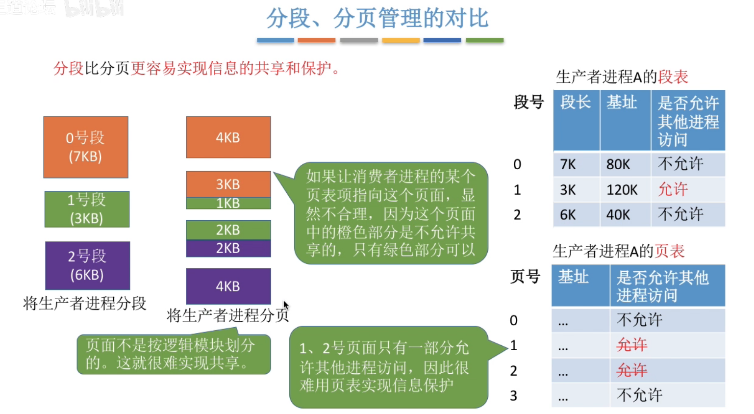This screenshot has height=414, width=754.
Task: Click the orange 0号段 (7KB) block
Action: [x=86, y=147]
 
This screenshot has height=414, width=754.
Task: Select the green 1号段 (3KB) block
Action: [x=87, y=209]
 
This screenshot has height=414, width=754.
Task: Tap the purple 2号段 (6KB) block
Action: [x=88, y=265]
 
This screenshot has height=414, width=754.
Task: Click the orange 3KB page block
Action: [x=228, y=184]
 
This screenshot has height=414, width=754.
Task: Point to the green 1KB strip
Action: [x=228, y=203]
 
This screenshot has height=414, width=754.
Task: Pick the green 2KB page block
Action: [x=228, y=230]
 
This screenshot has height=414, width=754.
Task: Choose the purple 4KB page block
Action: [x=228, y=286]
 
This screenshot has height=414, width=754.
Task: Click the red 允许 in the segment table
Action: [x=673, y=189]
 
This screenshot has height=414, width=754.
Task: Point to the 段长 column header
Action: [x=576, y=102]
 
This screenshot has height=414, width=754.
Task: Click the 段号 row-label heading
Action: [x=528, y=102]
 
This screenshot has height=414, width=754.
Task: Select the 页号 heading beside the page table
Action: [x=526, y=277]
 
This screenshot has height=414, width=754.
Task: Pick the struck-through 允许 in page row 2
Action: [x=632, y=370]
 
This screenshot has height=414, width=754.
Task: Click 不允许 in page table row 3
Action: [x=640, y=395]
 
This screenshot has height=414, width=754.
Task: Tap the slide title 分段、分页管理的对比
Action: [x=377, y=18]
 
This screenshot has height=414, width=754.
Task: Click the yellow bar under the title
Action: [x=401, y=40]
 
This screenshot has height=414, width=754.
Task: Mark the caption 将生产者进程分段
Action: [x=84, y=303]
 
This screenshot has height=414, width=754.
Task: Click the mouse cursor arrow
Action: [x=286, y=305]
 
